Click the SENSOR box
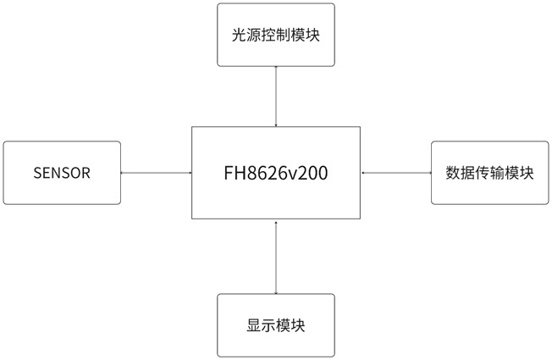pos(62,173)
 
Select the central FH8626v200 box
pos(276,173)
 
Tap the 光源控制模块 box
pos(276,35)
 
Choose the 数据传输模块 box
pos(490,173)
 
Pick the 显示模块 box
pos(276,325)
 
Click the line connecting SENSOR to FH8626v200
pos(156,173)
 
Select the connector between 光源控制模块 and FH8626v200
pos(276,97)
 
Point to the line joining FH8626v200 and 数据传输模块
pos(395,173)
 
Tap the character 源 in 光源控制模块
pos(254,36)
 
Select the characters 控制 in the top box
pos(276,36)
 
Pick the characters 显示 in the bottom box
pos(261,326)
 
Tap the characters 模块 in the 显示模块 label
pos(290,326)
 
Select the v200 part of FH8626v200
pos(307,174)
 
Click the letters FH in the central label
pos(234,174)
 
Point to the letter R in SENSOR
pos(86,174)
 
